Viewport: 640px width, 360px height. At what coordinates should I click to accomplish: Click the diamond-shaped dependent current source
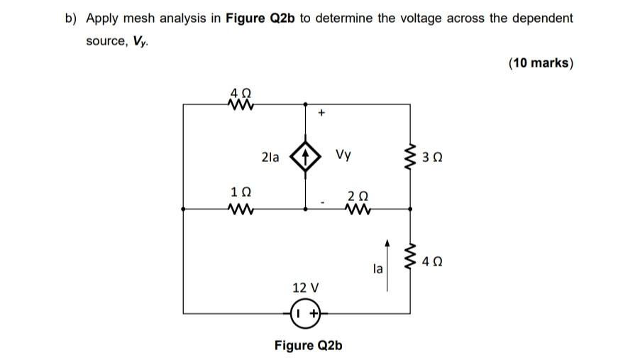pos(306,158)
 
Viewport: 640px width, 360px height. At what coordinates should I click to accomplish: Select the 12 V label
pos(306,288)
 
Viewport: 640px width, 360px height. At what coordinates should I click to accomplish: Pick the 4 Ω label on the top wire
pos(241,92)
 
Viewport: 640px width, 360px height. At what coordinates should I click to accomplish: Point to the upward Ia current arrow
pos(387,264)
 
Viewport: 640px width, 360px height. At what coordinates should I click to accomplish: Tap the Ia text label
pos(377,269)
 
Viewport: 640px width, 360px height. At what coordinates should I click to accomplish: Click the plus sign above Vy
pos(321,112)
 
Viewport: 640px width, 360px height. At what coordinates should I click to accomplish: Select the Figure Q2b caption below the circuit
pos(308,345)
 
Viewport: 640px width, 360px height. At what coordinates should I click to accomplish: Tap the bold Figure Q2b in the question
pos(260,18)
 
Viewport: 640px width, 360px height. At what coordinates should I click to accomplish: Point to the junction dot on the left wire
pos(183,209)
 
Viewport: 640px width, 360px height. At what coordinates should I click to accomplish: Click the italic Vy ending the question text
pos(139,41)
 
